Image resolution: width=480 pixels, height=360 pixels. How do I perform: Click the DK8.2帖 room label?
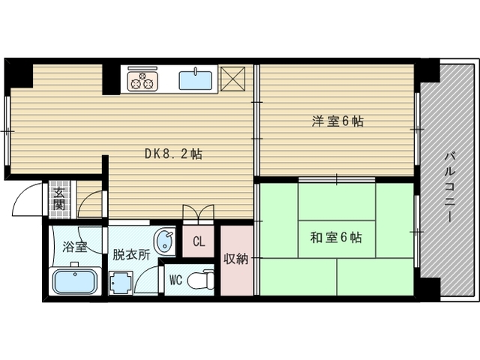(173, 154)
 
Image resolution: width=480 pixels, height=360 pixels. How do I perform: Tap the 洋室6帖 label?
(337, 121)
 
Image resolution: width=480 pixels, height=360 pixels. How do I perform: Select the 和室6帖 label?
(336, 237)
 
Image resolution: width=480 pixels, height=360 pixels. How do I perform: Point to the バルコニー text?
(450, 187)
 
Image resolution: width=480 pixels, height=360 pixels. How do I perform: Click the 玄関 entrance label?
(59, 199)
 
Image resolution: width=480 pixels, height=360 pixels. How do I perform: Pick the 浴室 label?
(75, 247)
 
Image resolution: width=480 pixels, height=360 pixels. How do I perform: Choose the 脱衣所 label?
(131, 254)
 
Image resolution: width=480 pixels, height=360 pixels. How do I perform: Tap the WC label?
(175, 280)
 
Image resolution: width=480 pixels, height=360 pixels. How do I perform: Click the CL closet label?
(199, 241)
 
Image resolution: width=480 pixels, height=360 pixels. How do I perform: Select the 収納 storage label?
(236, 259)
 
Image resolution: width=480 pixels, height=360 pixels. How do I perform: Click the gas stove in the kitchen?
(142, 81)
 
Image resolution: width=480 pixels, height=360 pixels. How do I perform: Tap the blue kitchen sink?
(195, 80)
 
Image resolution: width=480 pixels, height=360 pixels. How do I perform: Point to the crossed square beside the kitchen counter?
(233, 79)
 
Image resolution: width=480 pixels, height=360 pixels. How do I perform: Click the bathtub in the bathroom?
(75, 281)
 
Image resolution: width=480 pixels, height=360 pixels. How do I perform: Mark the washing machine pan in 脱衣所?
(121, 283)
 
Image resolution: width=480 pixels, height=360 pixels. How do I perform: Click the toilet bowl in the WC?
(201, 280)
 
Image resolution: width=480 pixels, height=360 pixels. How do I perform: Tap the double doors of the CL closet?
(198, 212)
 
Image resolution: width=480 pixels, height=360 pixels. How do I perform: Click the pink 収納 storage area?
(237, 260)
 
